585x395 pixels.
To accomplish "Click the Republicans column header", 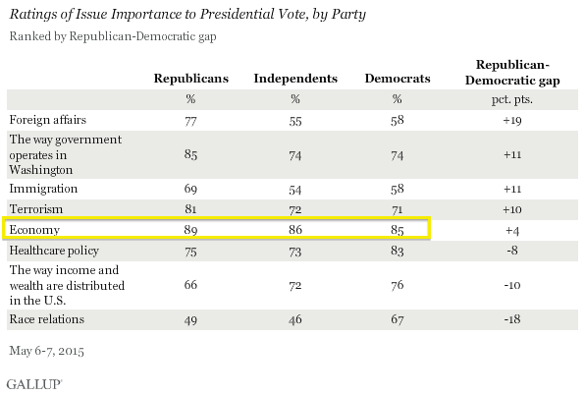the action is click(x=191, y=79).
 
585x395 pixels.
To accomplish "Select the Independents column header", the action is click(x=295, y=79).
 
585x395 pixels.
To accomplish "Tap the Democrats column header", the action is click(x=398, y=79).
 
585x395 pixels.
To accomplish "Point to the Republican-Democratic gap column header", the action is click(x=512, y=73).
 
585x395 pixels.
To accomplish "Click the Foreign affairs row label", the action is click(x=48, y=120).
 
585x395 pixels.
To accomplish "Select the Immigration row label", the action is click(x=43, y=189).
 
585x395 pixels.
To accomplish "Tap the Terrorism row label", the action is click(x=36, y=209).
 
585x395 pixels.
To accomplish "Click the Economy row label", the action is click(x=34, y=230).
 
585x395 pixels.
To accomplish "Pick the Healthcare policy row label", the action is click(x=54, y=251).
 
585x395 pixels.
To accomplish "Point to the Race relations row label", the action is click(x=47, y=319).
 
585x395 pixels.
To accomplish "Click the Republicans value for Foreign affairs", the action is click(x=190, y=121).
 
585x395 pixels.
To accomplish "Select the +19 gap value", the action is click(x=512, y=121).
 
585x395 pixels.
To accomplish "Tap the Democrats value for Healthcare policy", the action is click(x=398, y=251).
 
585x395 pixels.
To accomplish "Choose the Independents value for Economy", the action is click(x=295, y=229).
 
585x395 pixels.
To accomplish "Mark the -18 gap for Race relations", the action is click(x=512, y=319).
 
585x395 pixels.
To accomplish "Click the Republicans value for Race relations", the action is click(x=190, y=320).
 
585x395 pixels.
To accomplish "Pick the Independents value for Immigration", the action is click(x=295, y=190).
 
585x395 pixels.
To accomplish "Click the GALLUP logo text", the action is click(x=34, y=384).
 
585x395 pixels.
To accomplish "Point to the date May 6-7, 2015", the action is click(x=47, y=351).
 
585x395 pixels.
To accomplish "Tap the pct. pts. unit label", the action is click(x=512, y=99).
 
